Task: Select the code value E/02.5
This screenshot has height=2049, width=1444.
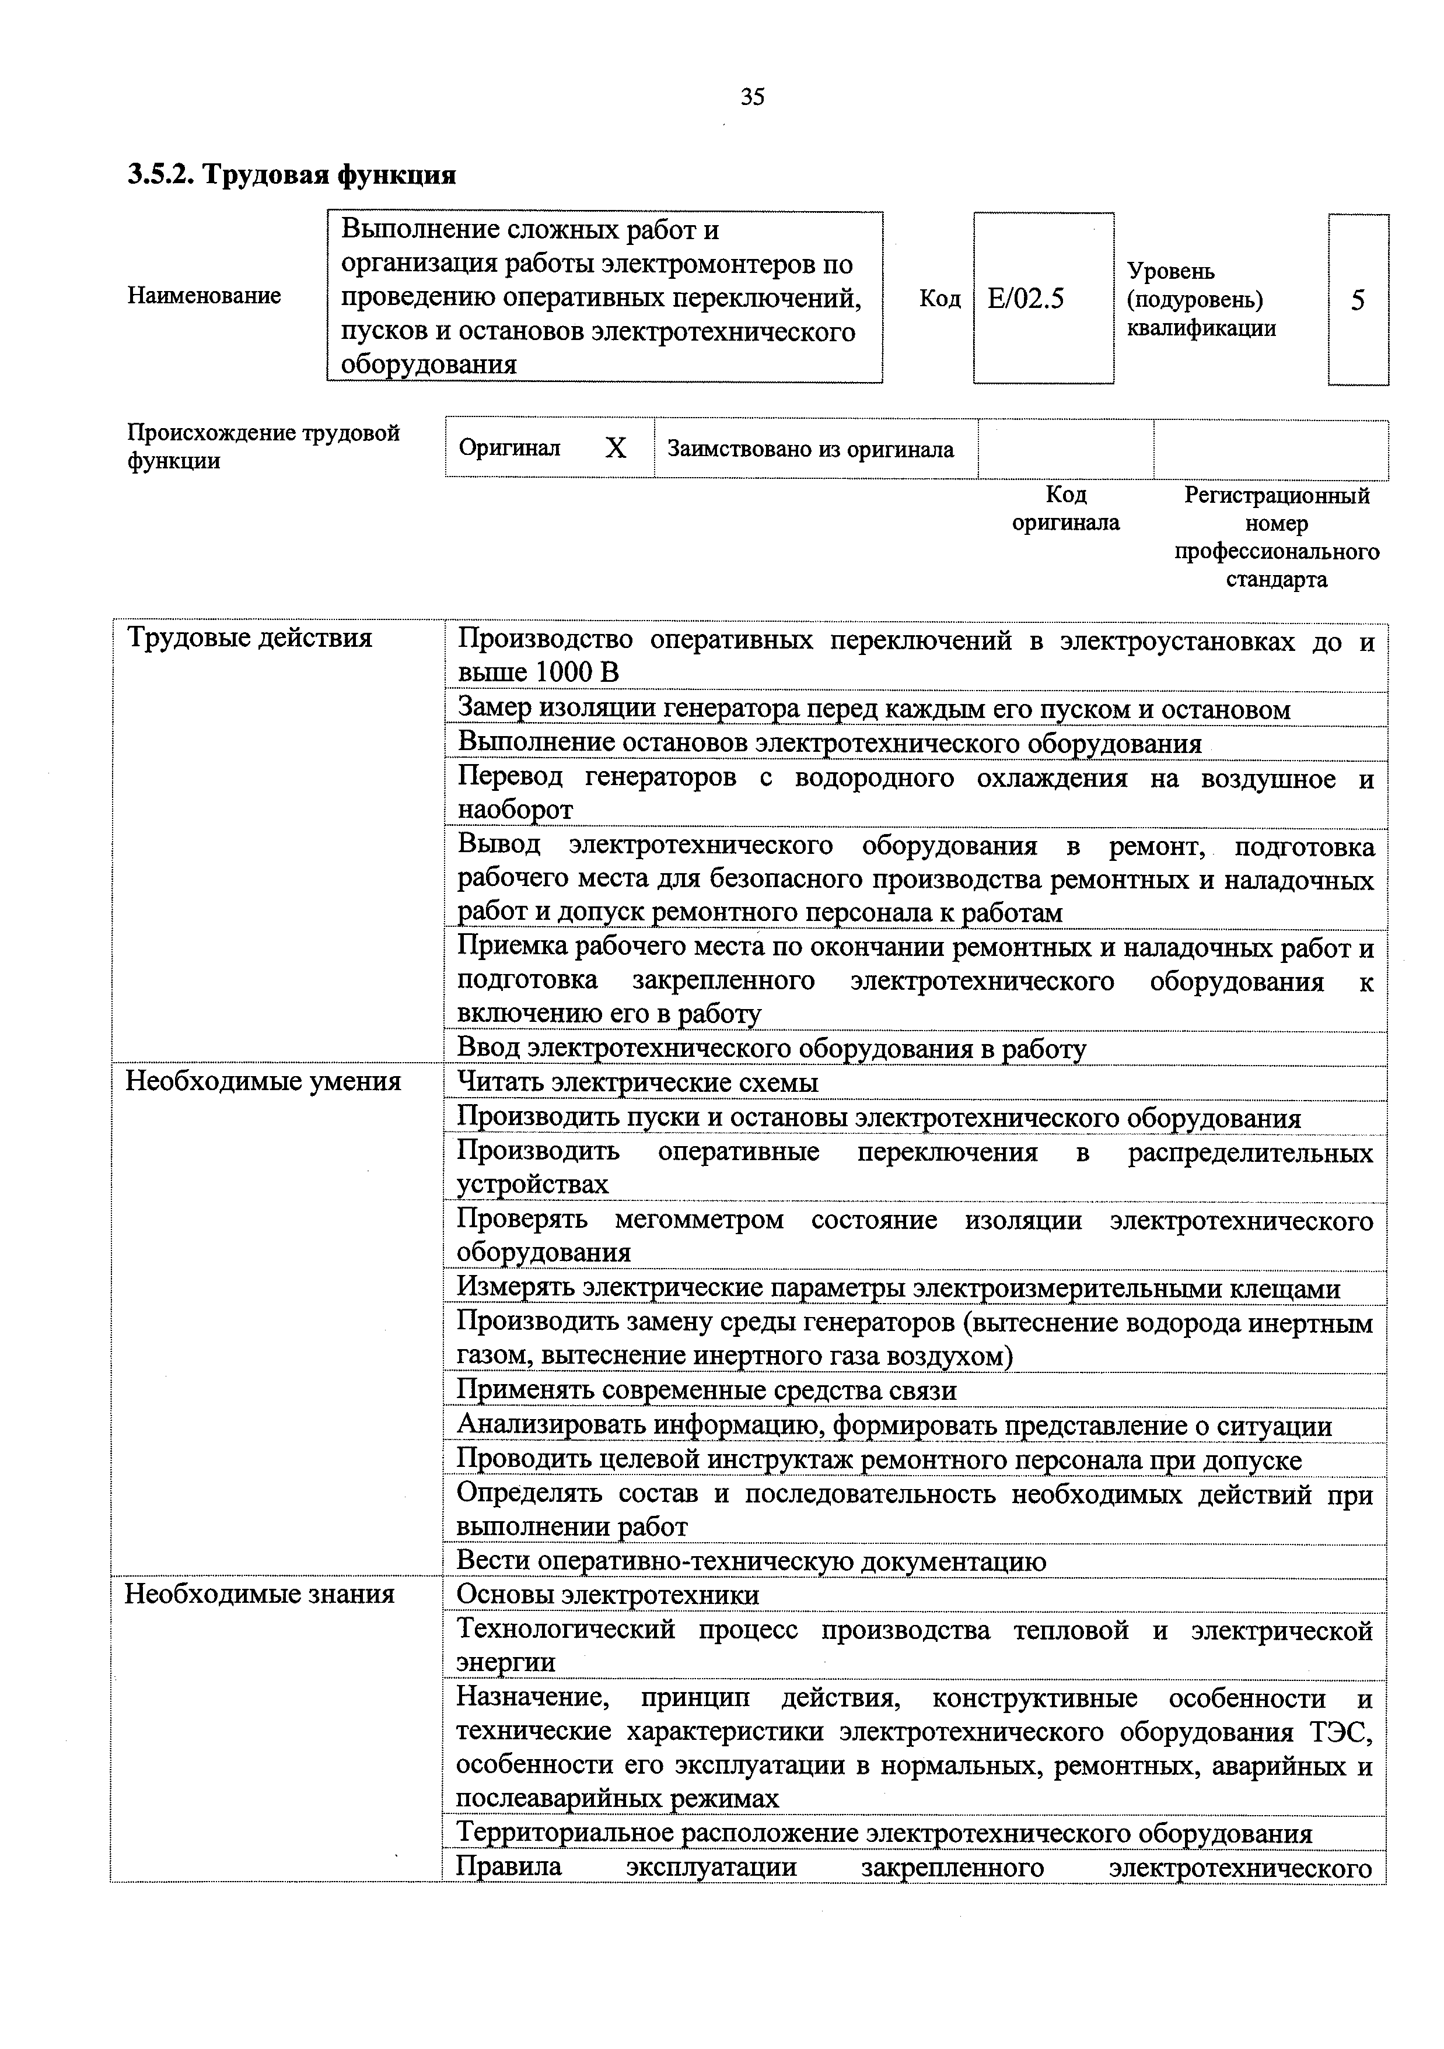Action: coord(1026,298)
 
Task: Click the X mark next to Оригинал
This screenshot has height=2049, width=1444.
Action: coord(616,448)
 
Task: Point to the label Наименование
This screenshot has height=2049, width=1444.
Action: coord(204,295)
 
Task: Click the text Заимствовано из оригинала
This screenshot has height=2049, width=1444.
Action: coord(810,449)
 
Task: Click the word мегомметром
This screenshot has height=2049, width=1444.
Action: coord(699,1219)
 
